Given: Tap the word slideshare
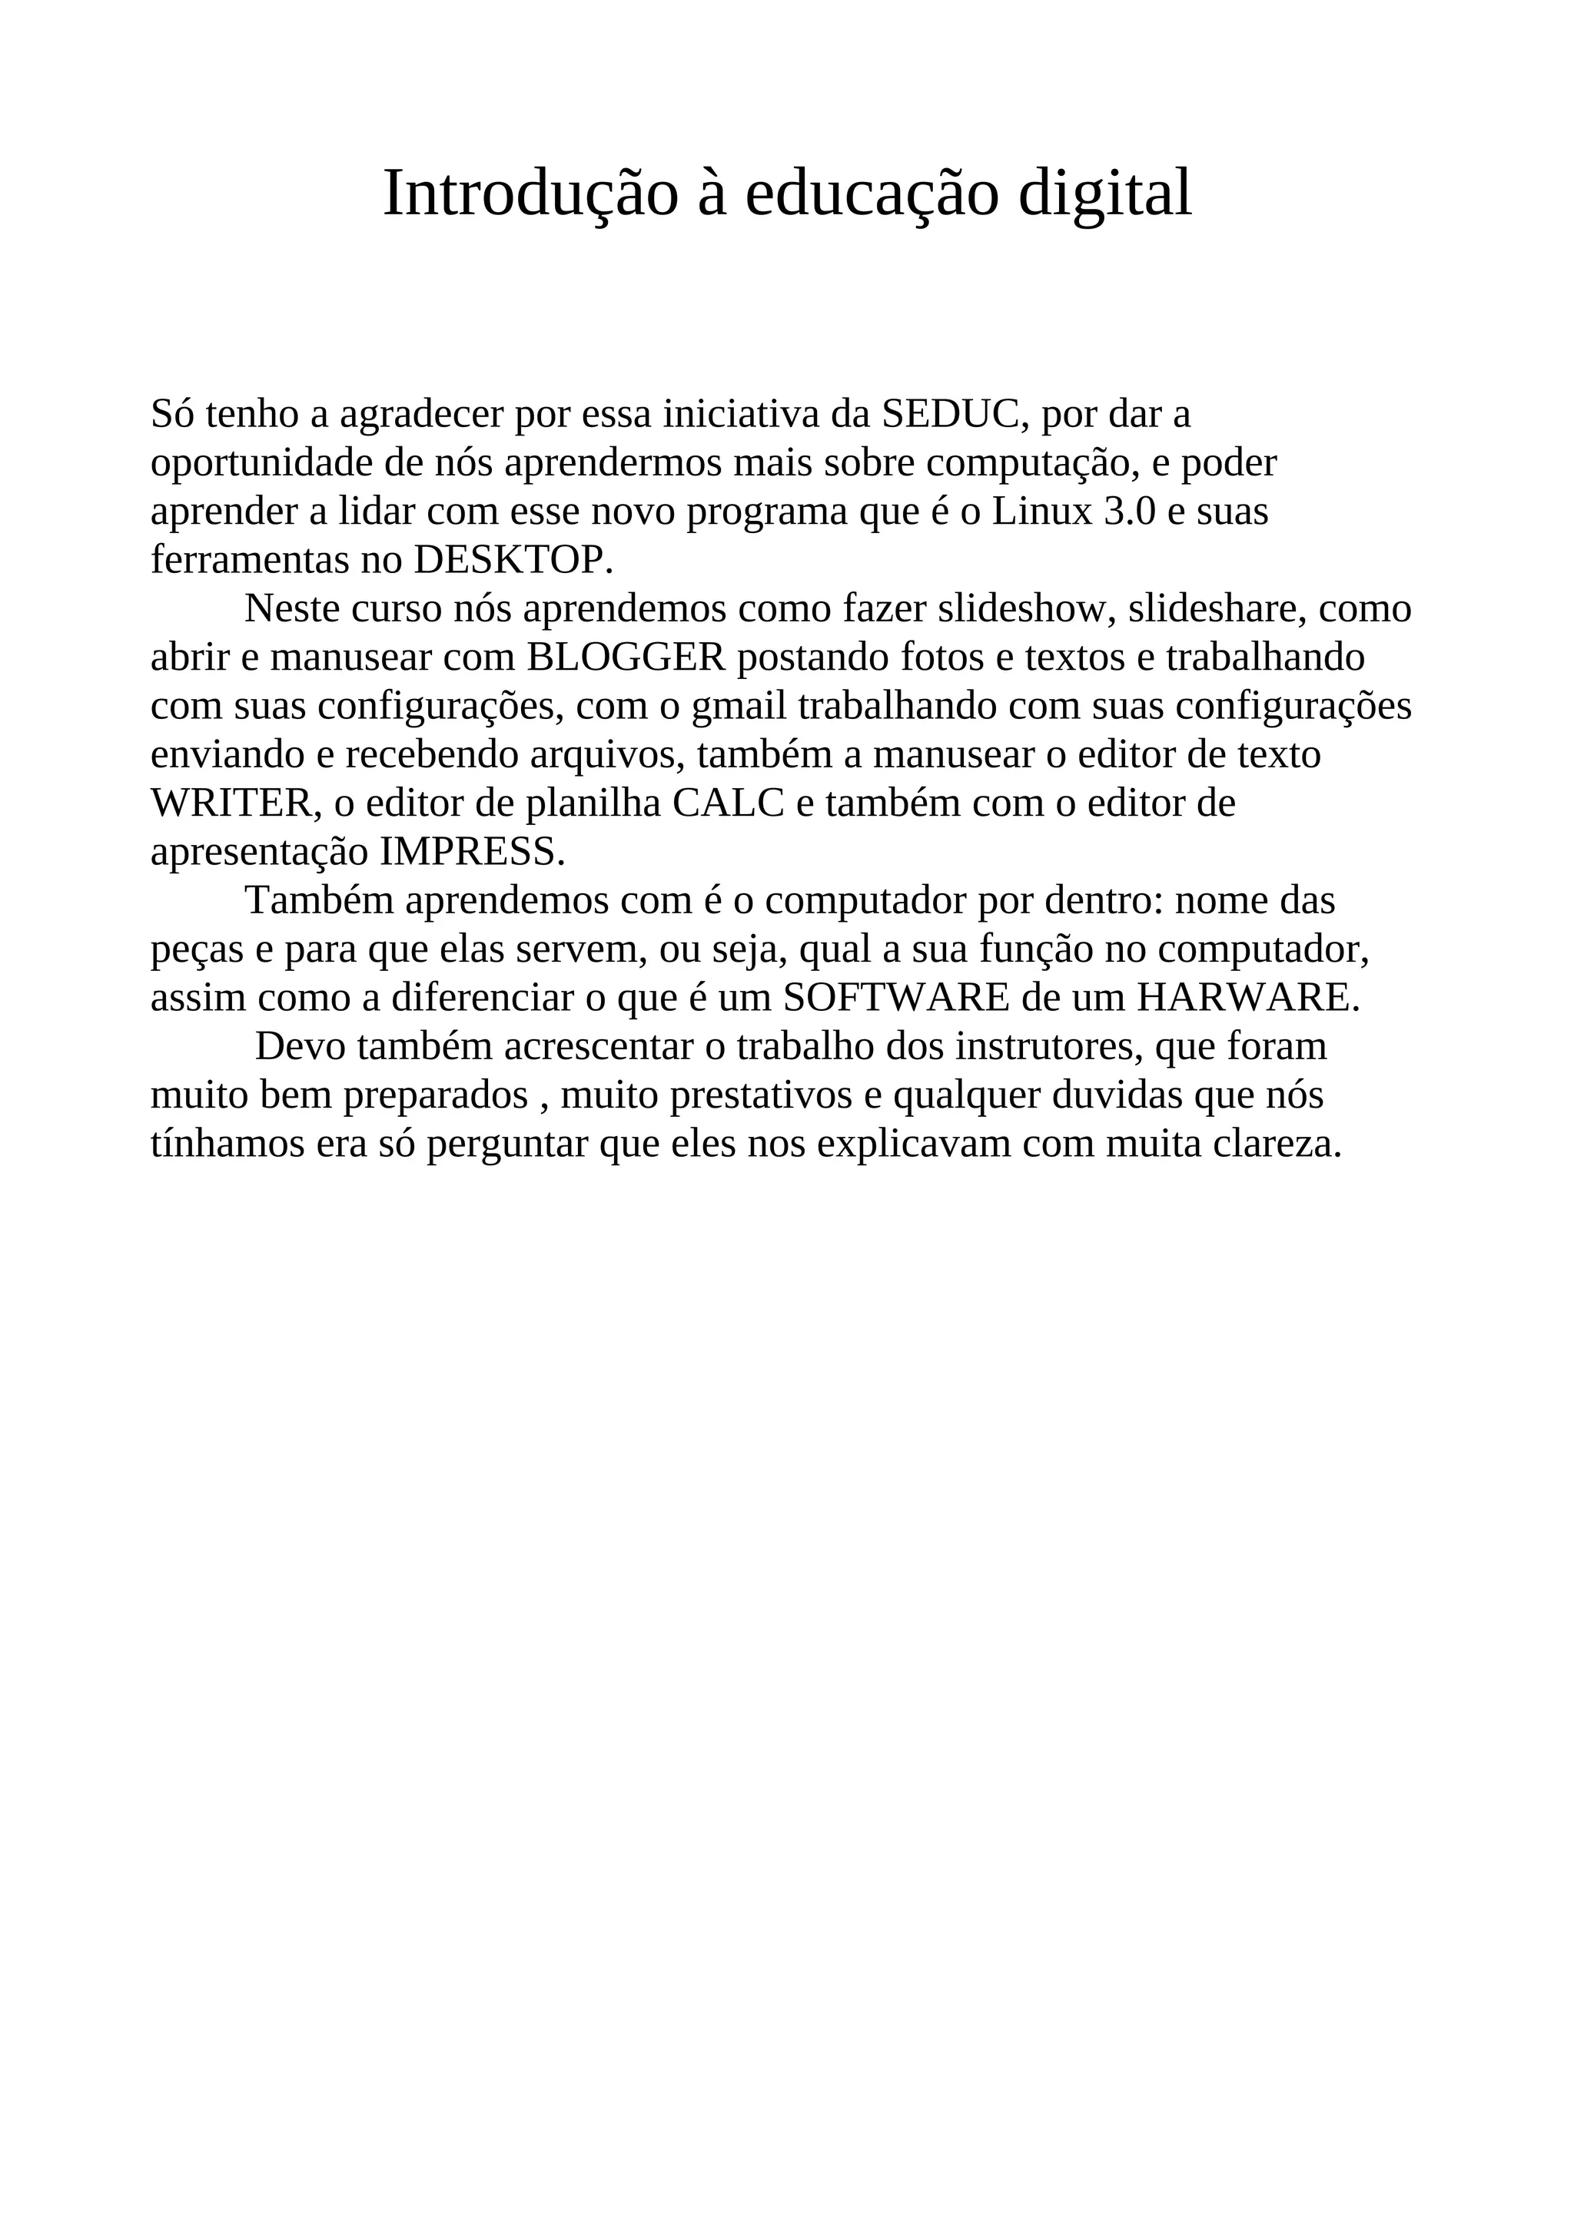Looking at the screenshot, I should [x=1208, y=609].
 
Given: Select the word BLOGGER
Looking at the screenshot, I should [x=626, y=658].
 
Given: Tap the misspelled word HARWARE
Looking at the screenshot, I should [x=1248, y=998].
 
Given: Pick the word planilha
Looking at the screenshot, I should [x=593, y=803].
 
